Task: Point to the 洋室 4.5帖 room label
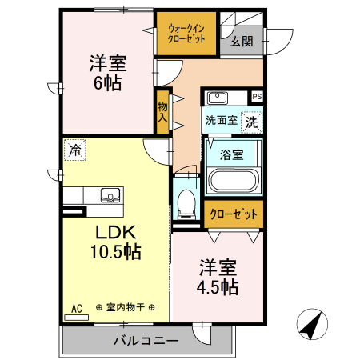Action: [x=218, y=275]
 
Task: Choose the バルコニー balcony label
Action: [x=146, y=341]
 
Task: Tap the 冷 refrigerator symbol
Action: [x=74, y=149]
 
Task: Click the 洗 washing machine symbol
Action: [x=252, y=122]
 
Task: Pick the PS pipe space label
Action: [x=257, y=96]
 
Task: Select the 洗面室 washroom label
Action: [x=220, y=122]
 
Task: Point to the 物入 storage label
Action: [x=162, y=112]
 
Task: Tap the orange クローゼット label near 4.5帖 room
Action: [x=234, y=214]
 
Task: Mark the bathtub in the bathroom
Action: [x=233, y=181]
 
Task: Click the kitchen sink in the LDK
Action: [x=110, y=194]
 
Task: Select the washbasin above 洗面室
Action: [x=217, y=98]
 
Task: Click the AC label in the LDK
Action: [x=78, y=308]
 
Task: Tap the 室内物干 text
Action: [x=126, y=308]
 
